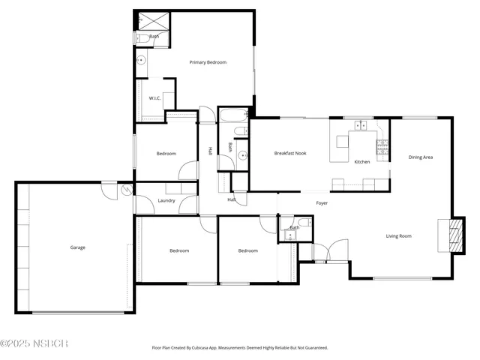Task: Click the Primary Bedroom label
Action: (x=208, y=62)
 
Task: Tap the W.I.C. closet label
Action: (x=154, y=98)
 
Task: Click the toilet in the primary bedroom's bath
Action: (x=139, y=37)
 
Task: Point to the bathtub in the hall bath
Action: (x=232, y=116)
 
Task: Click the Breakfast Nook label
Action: (x=289, y=153)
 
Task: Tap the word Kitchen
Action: (x=362, y=162)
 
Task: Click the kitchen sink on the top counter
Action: (x=360, y=125)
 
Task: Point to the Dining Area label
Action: (x=420, y=157)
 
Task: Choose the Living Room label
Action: (x=398, y=236)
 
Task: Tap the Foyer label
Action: (x=321, y=203)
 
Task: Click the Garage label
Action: (x=78, y=247)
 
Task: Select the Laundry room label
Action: (x=166, y=200)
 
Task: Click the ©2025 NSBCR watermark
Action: (x=34, y=343)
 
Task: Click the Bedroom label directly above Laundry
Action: (x=166, y=154)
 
